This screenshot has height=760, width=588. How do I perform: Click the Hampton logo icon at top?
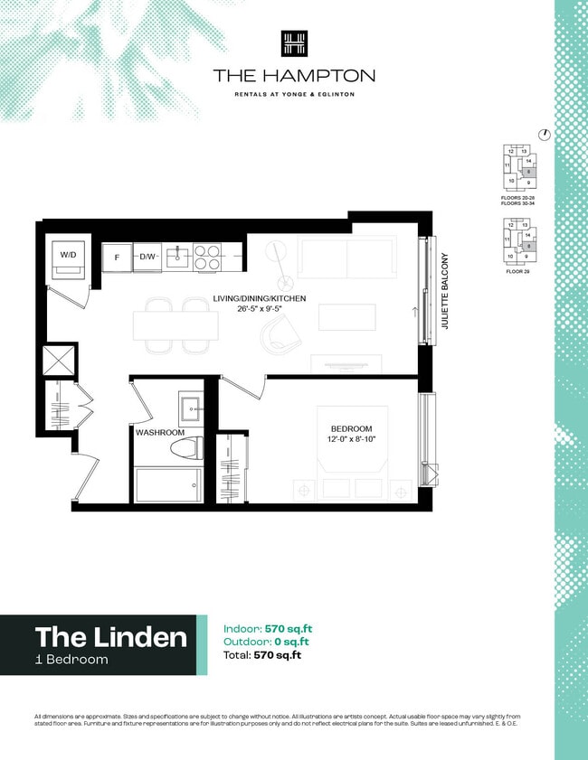point(293,44)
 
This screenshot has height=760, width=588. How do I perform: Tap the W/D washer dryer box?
point(69,256)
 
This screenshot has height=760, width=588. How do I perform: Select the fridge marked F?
point(117,257)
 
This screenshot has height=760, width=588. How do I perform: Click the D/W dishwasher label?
point(147,257)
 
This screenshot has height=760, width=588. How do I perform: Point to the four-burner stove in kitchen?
point(207,257)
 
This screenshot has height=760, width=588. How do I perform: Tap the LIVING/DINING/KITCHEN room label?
point(260,298)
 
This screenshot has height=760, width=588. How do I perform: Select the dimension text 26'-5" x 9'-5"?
point(260,310)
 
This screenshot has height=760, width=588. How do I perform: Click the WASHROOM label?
point(160,433)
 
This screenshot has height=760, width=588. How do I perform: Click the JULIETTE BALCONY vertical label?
point(445,290)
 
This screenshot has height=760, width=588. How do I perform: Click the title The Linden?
point(110,637)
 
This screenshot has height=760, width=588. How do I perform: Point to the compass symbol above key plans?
point(544,135)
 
